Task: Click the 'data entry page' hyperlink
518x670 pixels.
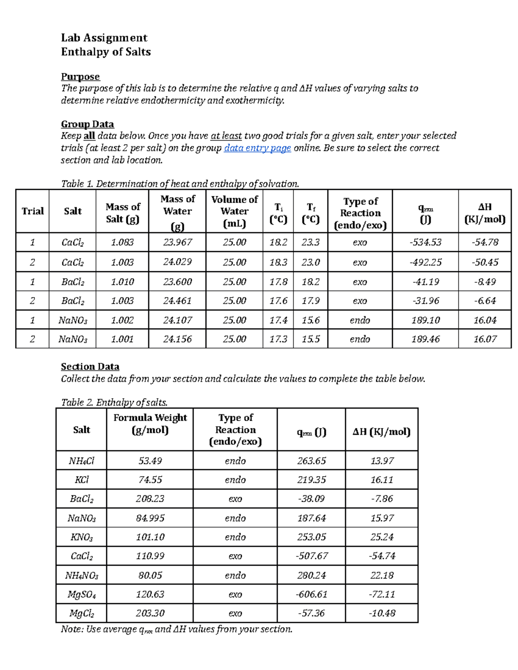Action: click(257, 148)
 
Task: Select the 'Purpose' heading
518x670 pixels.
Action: click(80, 77)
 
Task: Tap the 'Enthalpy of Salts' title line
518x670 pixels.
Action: click(106, 52)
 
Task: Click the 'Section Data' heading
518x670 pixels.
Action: click(90, 367)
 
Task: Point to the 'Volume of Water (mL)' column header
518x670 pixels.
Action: click(234, 211)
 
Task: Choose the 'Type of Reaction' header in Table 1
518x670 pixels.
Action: click(360, 213)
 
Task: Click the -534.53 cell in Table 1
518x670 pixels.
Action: click(425, 242)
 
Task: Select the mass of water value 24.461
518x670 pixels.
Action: click(177, 301)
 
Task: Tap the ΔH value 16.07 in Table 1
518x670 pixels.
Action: click(485, 339)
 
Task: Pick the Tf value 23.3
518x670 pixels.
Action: click(310, 242)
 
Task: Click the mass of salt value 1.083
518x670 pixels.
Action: click(122, 242)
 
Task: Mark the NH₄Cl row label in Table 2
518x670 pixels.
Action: click(81, 461)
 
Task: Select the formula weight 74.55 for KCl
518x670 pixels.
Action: click(150, 480)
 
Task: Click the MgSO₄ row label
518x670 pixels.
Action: click(81, 595)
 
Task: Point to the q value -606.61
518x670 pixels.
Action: click(311, 595)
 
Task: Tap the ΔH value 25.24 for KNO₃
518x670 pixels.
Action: click(382, 537)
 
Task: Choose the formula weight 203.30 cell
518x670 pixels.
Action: click(150, 613)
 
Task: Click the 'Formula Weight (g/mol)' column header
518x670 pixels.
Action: click(150, 424)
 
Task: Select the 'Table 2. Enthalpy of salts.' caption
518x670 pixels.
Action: click(114, 403)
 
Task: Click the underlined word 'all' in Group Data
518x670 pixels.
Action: click(89, 136)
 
